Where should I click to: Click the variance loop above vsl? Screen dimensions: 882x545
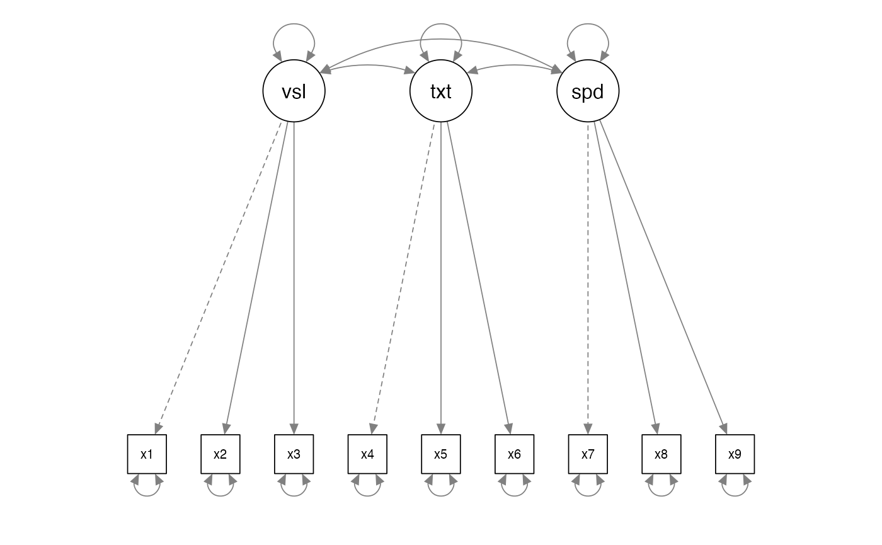[294, 24]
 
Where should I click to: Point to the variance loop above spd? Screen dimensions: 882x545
[588, 24]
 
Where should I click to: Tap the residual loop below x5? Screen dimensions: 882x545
[440, 496]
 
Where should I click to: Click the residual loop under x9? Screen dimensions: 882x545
[735, 496]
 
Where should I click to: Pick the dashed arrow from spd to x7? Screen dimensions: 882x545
[588, 278]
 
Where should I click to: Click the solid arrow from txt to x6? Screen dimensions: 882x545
[479, 278]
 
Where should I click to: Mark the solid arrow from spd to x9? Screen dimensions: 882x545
[663, 278]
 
